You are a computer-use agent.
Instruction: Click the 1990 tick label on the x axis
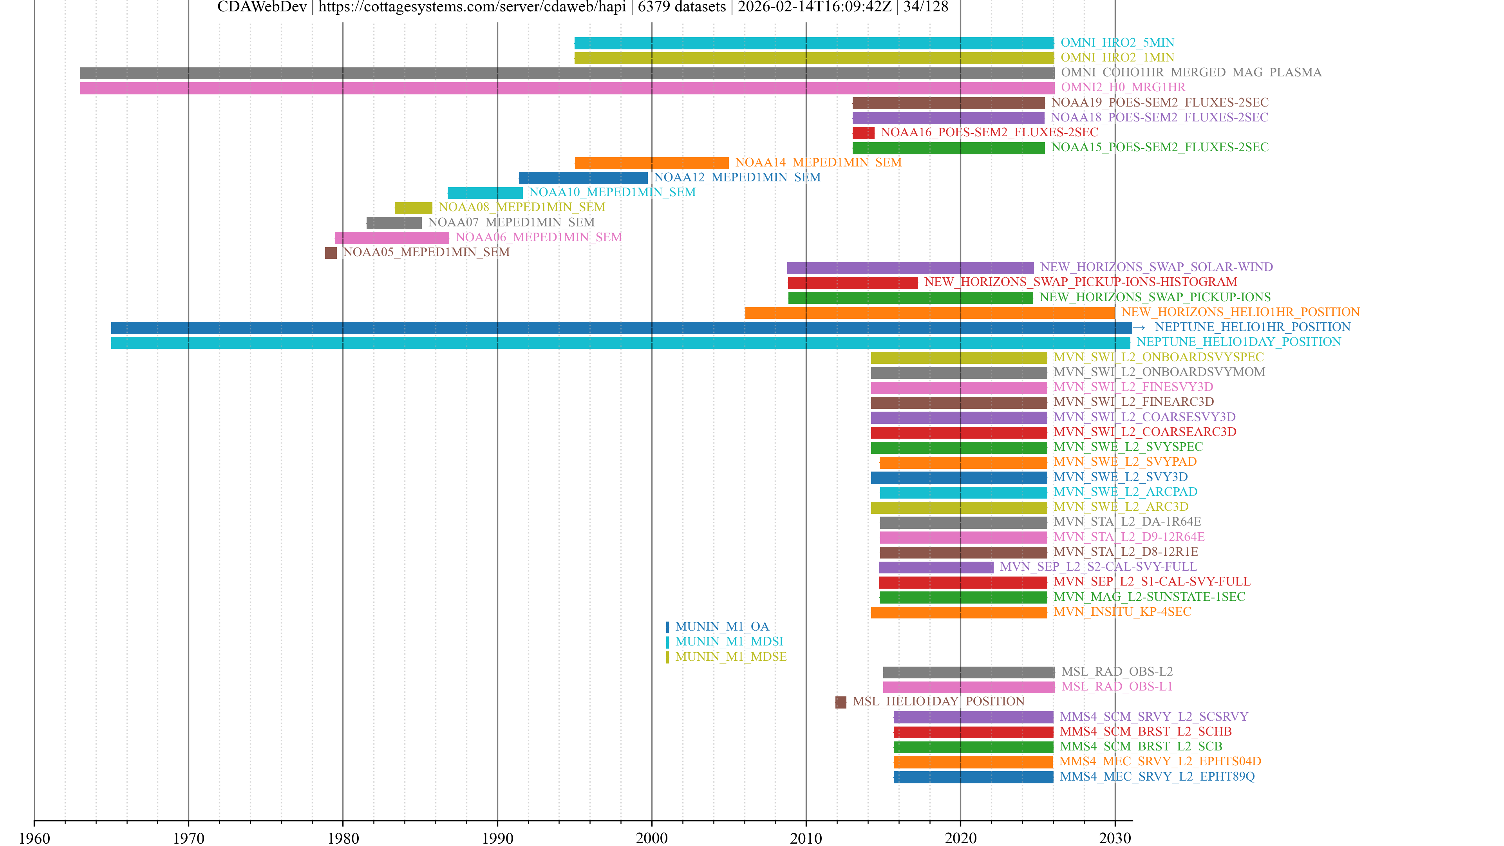point(497,838)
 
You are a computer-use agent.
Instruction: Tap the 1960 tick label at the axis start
point(34,838)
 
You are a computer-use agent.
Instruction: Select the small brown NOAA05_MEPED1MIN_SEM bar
point(331,253)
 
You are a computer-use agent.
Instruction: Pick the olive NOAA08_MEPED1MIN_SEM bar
point(413,208)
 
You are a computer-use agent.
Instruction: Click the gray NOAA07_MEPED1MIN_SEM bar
point(394,223)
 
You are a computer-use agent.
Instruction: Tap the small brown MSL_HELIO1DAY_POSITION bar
point(840,702)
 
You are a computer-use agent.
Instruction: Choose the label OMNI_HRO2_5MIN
point(1117,43)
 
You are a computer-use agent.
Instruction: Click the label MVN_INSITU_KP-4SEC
point(1122,612)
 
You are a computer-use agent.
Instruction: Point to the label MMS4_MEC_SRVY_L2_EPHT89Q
point(1157,777)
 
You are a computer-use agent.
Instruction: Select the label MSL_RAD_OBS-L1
point(1116,687)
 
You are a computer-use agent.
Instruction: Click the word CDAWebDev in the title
point(262,7)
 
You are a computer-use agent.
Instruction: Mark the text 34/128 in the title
point(926,7)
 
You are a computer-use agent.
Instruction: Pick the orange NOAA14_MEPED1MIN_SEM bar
point(652,163)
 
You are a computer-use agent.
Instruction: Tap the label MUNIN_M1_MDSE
point(730,657)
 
